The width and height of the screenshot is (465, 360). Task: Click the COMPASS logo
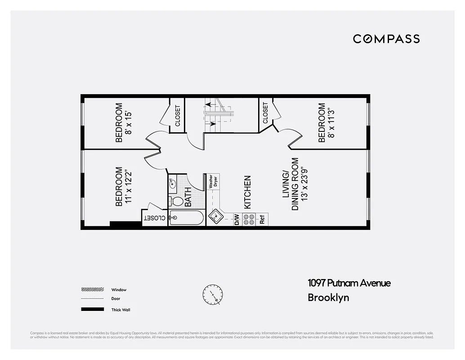(x=386, y=39)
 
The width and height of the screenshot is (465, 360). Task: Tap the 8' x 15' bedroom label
(x=123, y=123)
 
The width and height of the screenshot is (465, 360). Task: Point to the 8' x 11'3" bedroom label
(x=326, y=123)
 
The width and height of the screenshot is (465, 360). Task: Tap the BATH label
(x=188, y=197)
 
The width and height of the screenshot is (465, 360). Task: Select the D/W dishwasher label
(x=237, y=220)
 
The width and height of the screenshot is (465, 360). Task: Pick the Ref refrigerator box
(x=262, y=220)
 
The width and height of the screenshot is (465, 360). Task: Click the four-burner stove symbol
(x=249, y=220)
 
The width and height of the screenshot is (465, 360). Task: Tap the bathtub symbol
(x=186, y=218)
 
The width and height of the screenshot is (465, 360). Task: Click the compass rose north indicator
(x=212, y=294)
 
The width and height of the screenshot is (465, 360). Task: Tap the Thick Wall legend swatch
(x=92, y=310)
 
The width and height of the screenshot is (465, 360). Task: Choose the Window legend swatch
(x=92, y=290)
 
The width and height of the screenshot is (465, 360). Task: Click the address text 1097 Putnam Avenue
(x=349, y=283)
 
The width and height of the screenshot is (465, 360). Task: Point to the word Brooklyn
(x=328, y=297)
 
